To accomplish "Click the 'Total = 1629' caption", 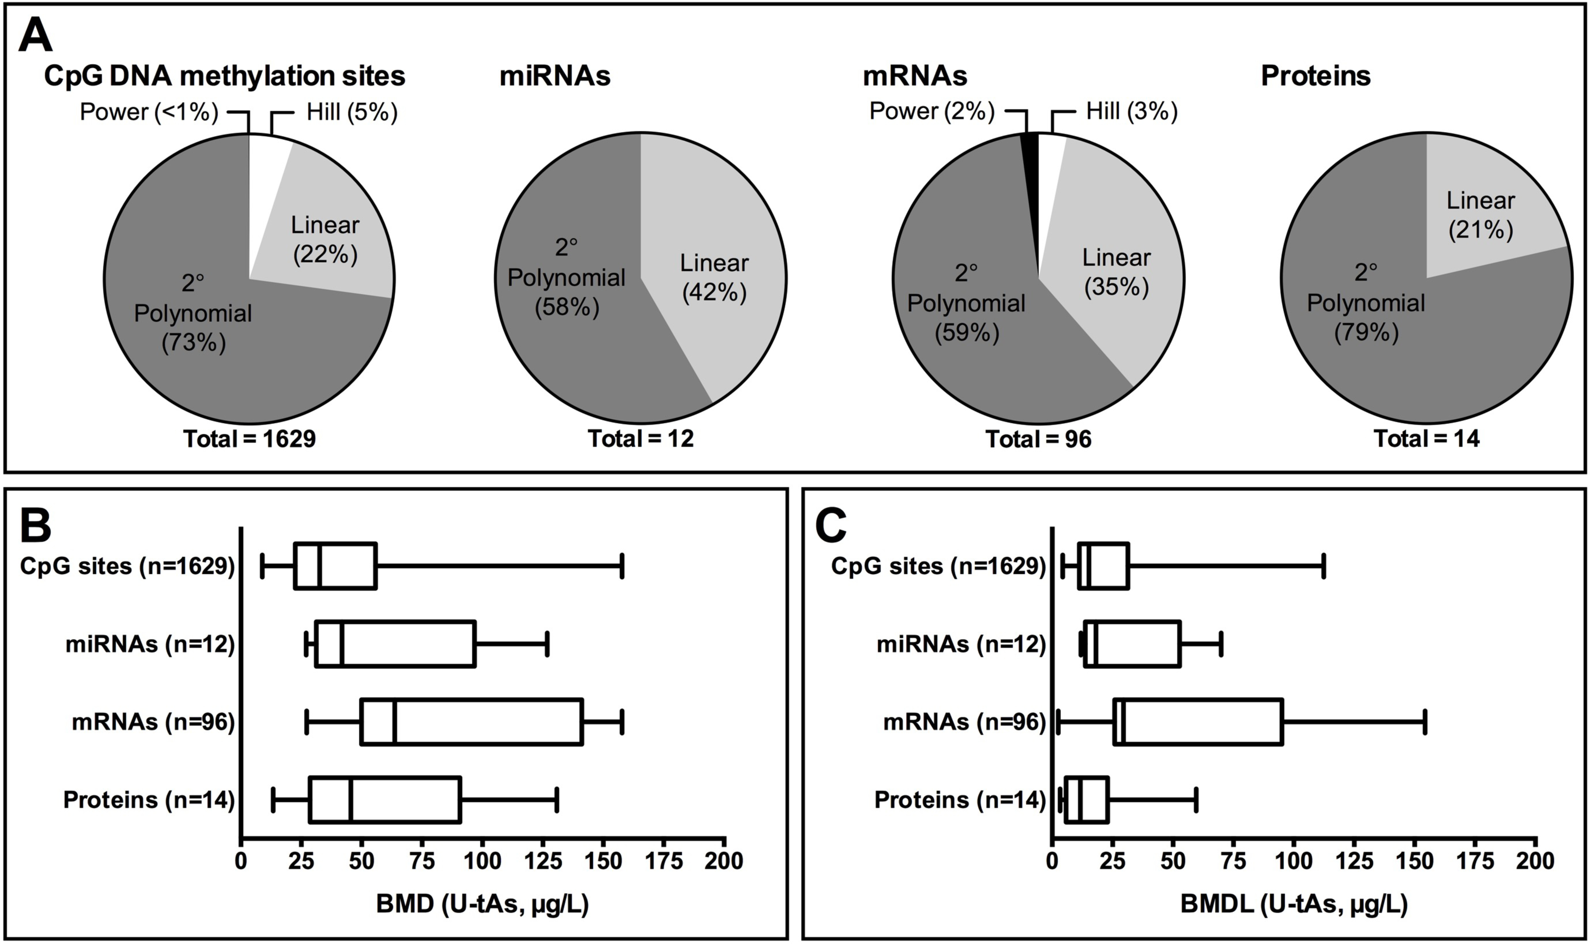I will [x=249, y=439].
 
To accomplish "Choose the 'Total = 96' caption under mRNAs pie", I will [x=1038, y=439].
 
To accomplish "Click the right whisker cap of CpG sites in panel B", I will [x=622, y=566].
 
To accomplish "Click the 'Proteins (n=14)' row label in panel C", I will [x=959, y=800].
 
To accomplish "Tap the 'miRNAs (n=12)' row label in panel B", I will [x=150, y=644].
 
